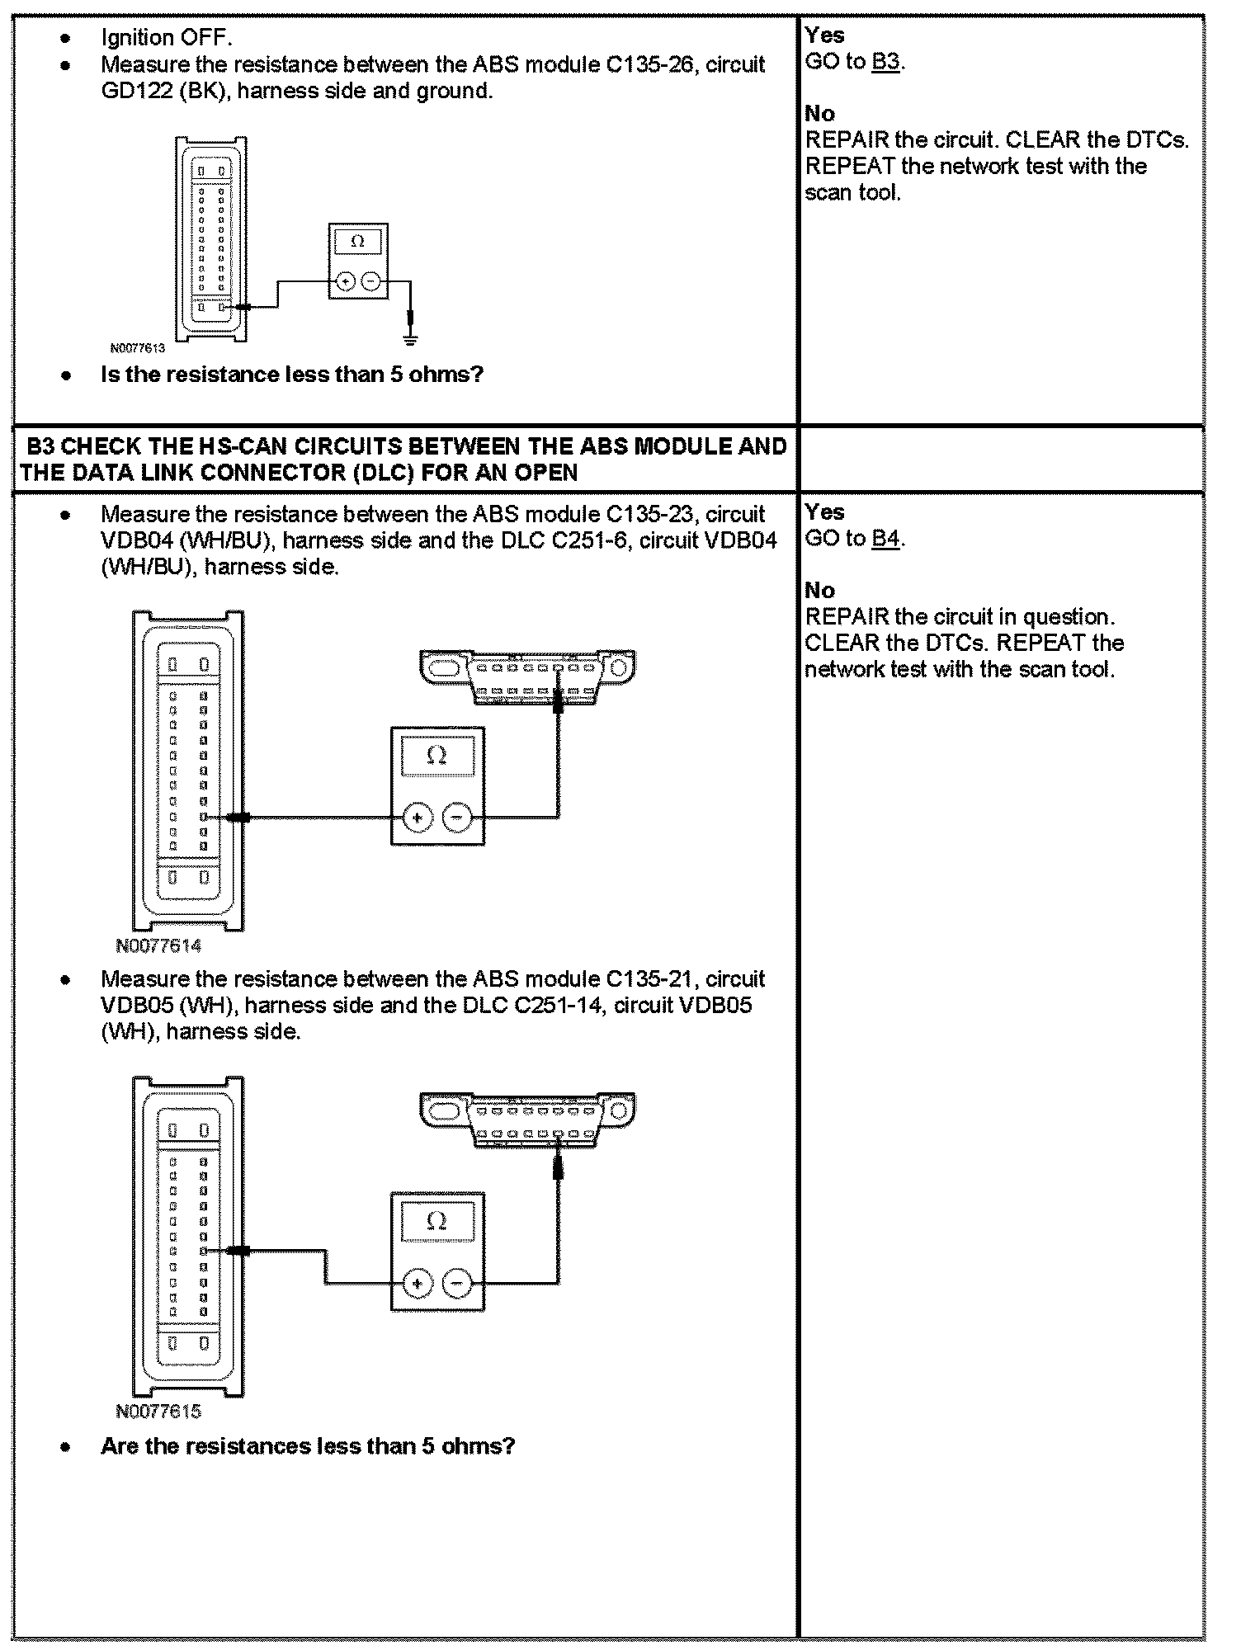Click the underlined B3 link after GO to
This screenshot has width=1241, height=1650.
tap(885, 62)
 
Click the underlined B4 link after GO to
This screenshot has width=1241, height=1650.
tap(885, 539)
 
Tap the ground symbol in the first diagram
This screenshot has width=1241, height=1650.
tap(410, 337)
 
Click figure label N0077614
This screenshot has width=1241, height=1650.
tap(158, 946)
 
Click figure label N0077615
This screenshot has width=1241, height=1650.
tap(158, 1412)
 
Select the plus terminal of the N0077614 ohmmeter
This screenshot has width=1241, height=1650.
tap(418, 818)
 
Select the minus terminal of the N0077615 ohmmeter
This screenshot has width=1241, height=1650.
tap(457, 1283)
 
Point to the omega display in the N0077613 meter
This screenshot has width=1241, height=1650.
tap(357, 242)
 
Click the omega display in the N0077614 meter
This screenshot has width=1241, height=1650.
tap(437, 756)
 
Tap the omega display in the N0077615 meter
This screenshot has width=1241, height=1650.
tap(437, 1221)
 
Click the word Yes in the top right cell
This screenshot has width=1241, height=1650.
tap(824, 35)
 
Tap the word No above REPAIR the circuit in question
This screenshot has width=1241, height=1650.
tap(819, 591)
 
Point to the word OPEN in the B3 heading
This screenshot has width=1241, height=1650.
tap(545, 473)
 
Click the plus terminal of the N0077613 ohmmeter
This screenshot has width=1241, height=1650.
tap(345, 282)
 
